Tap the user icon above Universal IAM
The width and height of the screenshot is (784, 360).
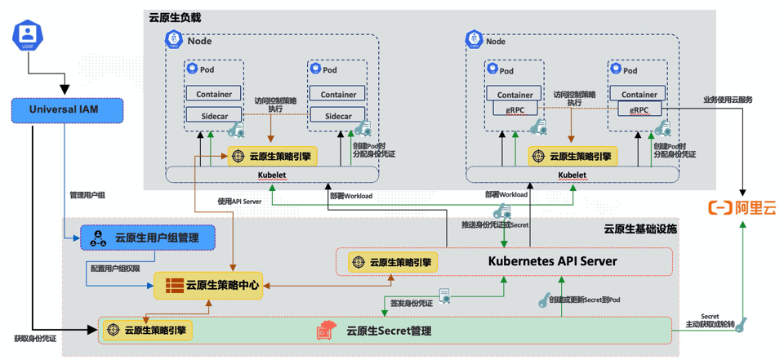(x=28, y=35)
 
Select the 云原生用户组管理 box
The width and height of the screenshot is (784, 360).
(x=148, y=238)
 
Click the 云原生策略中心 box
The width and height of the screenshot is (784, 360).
(x=208, y=286)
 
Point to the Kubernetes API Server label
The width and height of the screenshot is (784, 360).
(x=552, y=262)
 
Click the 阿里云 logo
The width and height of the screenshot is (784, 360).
(x=742, y=208)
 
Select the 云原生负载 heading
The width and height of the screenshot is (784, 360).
(x=174, y=17)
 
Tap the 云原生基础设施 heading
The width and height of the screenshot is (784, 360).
(x=640, y=229)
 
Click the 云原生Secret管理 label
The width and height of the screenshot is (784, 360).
(x=388, y=331)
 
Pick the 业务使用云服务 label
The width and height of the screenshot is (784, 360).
(x=728, y=100)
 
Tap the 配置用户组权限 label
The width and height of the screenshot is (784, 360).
(x=115, y=268)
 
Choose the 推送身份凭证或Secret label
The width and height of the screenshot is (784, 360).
(x=494, y=224)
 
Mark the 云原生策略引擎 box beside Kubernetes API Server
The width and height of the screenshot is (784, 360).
(x=393, y=263)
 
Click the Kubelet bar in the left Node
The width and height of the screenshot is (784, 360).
(x=272, y=175)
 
